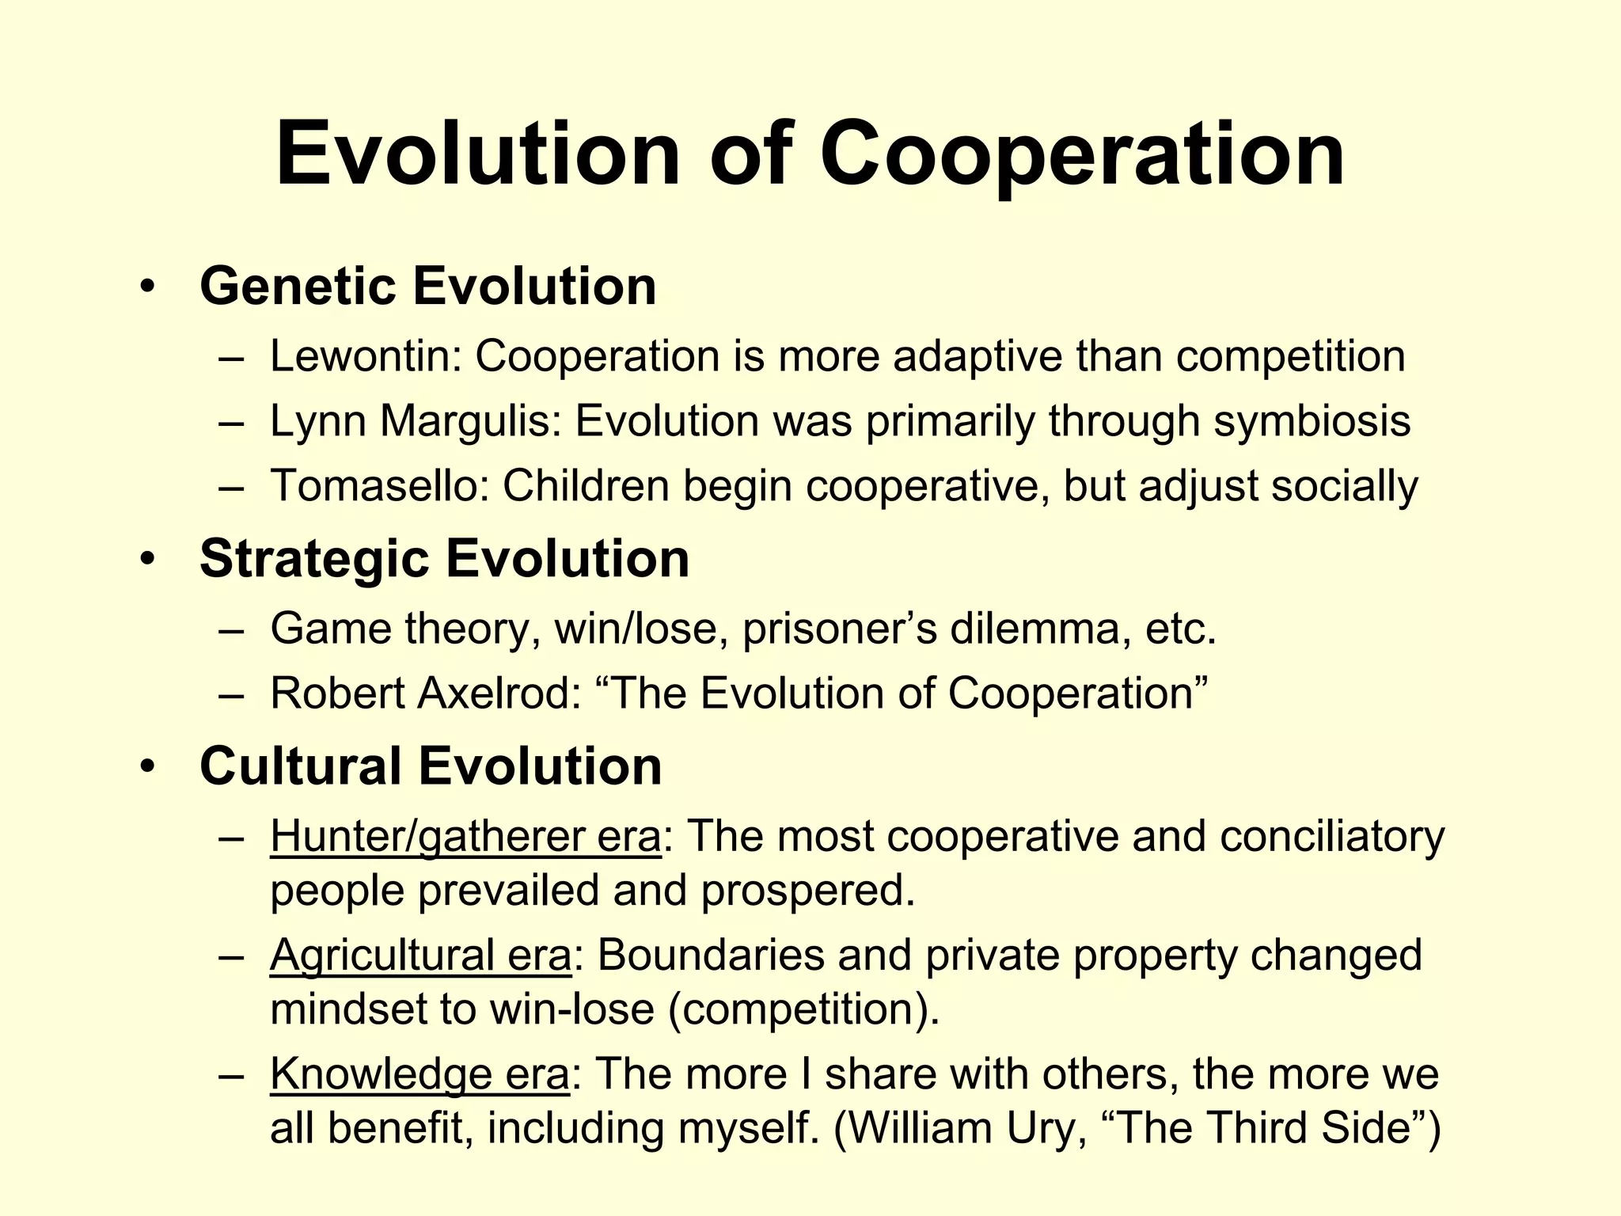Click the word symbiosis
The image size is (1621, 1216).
1312,420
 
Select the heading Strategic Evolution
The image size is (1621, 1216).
444,559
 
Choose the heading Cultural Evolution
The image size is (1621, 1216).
431,766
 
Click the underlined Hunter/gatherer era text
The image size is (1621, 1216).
465,837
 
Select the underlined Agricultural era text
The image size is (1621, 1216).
420,956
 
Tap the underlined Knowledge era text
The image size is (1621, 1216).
419,1074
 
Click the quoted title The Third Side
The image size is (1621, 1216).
1267,1128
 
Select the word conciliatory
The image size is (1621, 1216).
1332,837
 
